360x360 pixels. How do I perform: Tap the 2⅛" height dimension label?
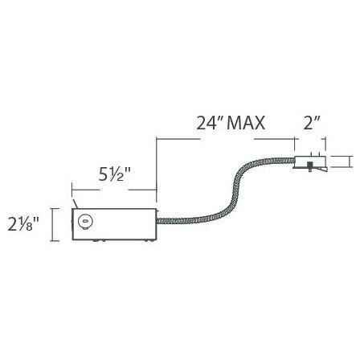coord(27,223)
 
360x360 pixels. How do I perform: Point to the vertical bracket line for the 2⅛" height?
coord(53,224)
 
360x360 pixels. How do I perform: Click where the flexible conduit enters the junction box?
coord(157,220)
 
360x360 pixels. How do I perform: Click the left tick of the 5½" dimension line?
coord(72,190)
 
